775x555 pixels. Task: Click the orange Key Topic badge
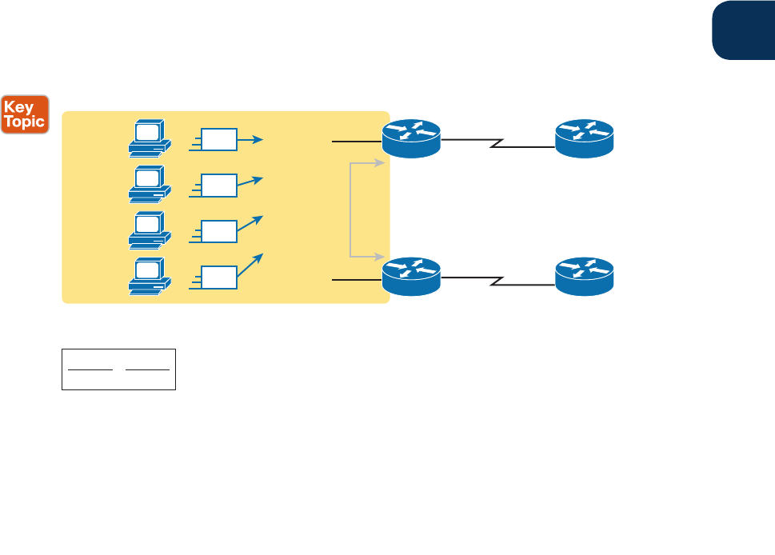tap(26, 114)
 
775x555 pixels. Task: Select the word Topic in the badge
tap(26, 122)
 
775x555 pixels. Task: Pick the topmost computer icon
tap(149, 138)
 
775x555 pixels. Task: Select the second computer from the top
tap(149, 184)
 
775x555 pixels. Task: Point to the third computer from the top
tap(149, 230)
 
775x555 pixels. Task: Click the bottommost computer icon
tap(149, 275)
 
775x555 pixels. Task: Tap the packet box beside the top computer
tap(219, 140)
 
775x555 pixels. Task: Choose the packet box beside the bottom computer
tap(219, 277)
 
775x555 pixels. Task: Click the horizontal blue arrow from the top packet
tap(251, 140)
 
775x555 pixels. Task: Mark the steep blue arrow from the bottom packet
tap(251, 266)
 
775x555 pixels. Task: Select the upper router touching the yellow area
tap(411, 138)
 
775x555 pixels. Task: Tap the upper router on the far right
tap(585, 138)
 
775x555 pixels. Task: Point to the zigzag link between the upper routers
tap(497, 143)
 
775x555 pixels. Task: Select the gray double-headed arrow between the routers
tap(351, 210)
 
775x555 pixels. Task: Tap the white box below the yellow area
tap(118, 369)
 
